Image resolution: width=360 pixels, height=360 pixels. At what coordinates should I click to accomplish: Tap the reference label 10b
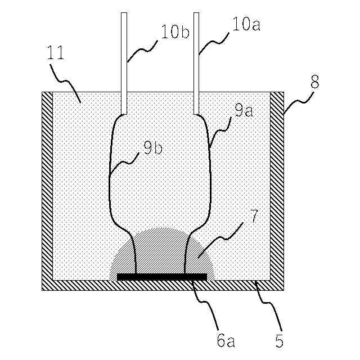[174, 32]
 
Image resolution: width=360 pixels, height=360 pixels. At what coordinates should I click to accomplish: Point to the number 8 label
[314, 82]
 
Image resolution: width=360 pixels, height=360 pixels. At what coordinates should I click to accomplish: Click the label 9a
[243, 111]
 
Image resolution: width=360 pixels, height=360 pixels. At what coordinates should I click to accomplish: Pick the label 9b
[152, 148]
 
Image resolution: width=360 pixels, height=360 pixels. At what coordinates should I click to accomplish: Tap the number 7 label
[253, 214]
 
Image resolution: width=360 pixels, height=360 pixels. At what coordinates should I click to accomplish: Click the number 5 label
[280, 340]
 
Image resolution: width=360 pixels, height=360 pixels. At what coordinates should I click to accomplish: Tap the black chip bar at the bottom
[162, 277]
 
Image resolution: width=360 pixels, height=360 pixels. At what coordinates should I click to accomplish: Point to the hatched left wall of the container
[47, 186]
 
